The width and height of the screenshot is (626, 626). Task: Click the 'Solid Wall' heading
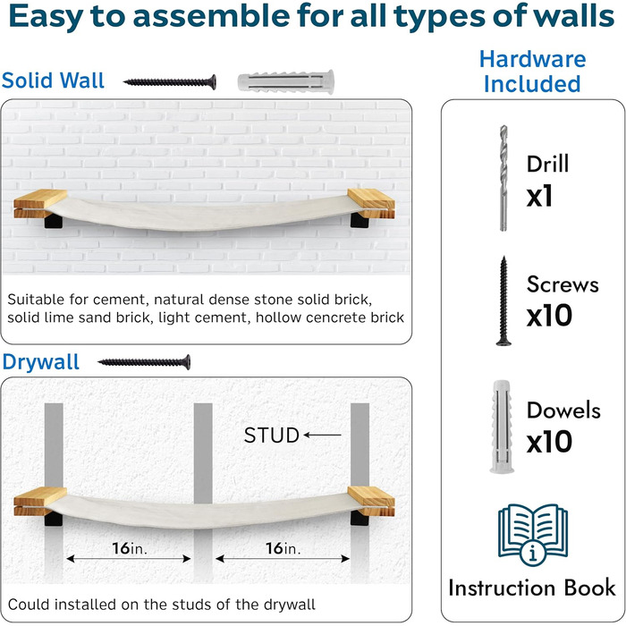pyautogui.click(x=53, y=80)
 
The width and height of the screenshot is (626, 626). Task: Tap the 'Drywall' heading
pyautogui.click(x=41, y=362)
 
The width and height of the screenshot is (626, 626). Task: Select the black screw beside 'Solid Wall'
pyautogui.click(x=170, y=82)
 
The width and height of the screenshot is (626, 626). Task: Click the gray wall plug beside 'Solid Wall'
pyautogui.click(x=286, y=82)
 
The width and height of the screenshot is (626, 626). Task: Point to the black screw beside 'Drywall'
pyautogui.click(x=144, y=362)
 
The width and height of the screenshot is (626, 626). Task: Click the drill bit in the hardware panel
pyautogui.click(x=503, y=178)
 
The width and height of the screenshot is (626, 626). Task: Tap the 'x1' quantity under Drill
pyautogui.click(x=540, y=196)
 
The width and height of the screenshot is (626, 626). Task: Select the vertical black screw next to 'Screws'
pyautogui.click(x=503, y=301)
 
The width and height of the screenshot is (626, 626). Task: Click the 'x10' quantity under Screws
pyautogui.click(x=549, y=315)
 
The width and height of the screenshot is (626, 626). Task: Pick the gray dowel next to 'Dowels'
pyautogui.click(x=502, y=427)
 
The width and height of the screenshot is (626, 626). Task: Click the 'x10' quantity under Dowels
pyautogui.click(x=549, y=442)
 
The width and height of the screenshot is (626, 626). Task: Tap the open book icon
pyautogui.click(x=533, y=534)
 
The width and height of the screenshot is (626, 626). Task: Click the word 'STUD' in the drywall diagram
pyautogui.click(x=272, y=436)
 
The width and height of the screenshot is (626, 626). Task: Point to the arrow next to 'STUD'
pyautogui.click(x=322, y=435)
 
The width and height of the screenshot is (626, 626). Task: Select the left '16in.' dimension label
pyautogui.click(x=130, y=548)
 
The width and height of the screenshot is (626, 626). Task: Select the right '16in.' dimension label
pyautogui.click(x=283, y=548)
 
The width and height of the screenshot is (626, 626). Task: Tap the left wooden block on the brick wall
pyautogui.click(x=40, y=203)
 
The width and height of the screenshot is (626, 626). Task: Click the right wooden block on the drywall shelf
pyautogui.click(x=371, y=501)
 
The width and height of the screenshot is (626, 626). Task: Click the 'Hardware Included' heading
pyautogui.click(x=533, y=71)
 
